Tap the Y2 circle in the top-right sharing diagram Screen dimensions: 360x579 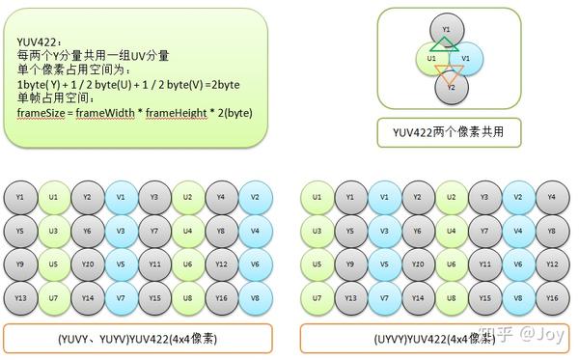[x=446, y=86]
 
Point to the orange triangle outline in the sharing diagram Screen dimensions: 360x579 [x=446, y=70]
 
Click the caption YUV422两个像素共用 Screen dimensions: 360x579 [x=449, y=129]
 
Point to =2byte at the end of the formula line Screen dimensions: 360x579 [x=222, y=86]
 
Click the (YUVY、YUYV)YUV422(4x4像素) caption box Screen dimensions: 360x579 [x=138, y=340]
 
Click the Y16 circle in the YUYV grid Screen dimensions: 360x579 [x=222, y=298]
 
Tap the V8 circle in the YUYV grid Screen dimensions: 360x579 [x=256, y=298]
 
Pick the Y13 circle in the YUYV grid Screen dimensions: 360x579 [x=21, y=298]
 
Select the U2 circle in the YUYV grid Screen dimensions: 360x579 [x=188, y=198]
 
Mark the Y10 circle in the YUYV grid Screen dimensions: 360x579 [x=88, y=264]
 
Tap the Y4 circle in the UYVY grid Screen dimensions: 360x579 [x=552, y=198]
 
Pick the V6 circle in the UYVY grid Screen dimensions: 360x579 [x=518, y=264]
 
